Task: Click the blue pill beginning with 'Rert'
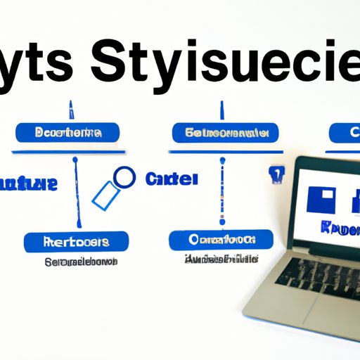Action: point(76,242)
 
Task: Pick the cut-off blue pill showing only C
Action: point(345,131)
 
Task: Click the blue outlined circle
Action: point(124,177)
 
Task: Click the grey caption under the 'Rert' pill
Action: point(74,262)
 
